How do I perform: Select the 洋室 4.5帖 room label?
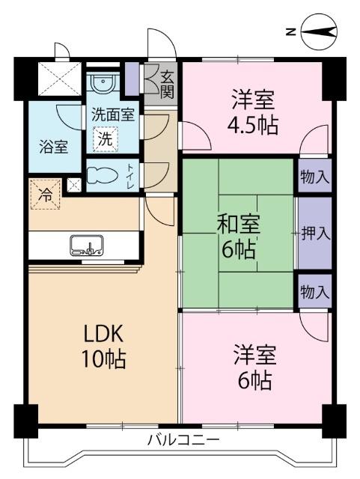pyautogui.click(x=253, y=112)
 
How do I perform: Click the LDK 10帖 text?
pyautogui.click(x=103, y=346)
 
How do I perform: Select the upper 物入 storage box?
pyautogui.click(x=314, y=177)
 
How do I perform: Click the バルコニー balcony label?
pyautogui.click(x=183, y=439)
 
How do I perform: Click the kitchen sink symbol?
pyautogui.click(x=86, y=245)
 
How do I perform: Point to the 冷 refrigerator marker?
pyautogui.click(x=44, y=195)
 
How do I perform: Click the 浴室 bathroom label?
pyautogui.click(x=53, y=145)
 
